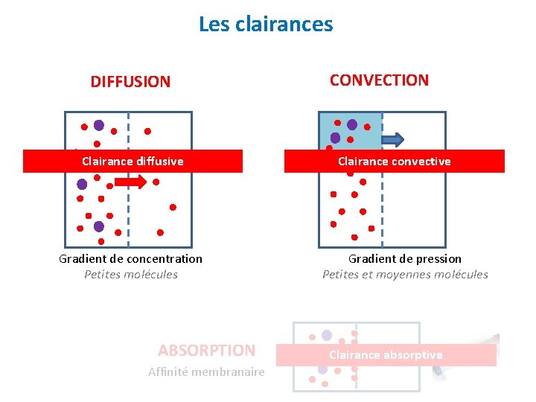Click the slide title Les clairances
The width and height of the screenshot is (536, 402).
[266, 25]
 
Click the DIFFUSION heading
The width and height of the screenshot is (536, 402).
[130, 82]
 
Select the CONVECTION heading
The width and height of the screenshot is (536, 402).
[379, 80]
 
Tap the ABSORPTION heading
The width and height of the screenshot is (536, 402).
[206, 350]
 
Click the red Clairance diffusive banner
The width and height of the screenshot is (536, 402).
[133, 162]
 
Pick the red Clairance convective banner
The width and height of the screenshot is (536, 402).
[394, 162]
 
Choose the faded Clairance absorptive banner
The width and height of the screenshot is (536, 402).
[386, 355]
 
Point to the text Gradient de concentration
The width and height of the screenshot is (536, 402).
[130, 259]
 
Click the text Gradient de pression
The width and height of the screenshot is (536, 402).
[405, 259]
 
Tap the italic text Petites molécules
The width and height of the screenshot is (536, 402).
[131, 275]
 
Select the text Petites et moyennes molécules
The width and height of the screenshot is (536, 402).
[405, 275]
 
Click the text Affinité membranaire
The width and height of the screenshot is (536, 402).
[206, 372]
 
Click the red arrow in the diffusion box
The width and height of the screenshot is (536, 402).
[132, 182]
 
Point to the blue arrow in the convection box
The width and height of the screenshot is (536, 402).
[392, 139]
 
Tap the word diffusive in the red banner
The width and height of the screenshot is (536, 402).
[159, 162]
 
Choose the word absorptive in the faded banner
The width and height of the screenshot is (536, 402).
[415, 355]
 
